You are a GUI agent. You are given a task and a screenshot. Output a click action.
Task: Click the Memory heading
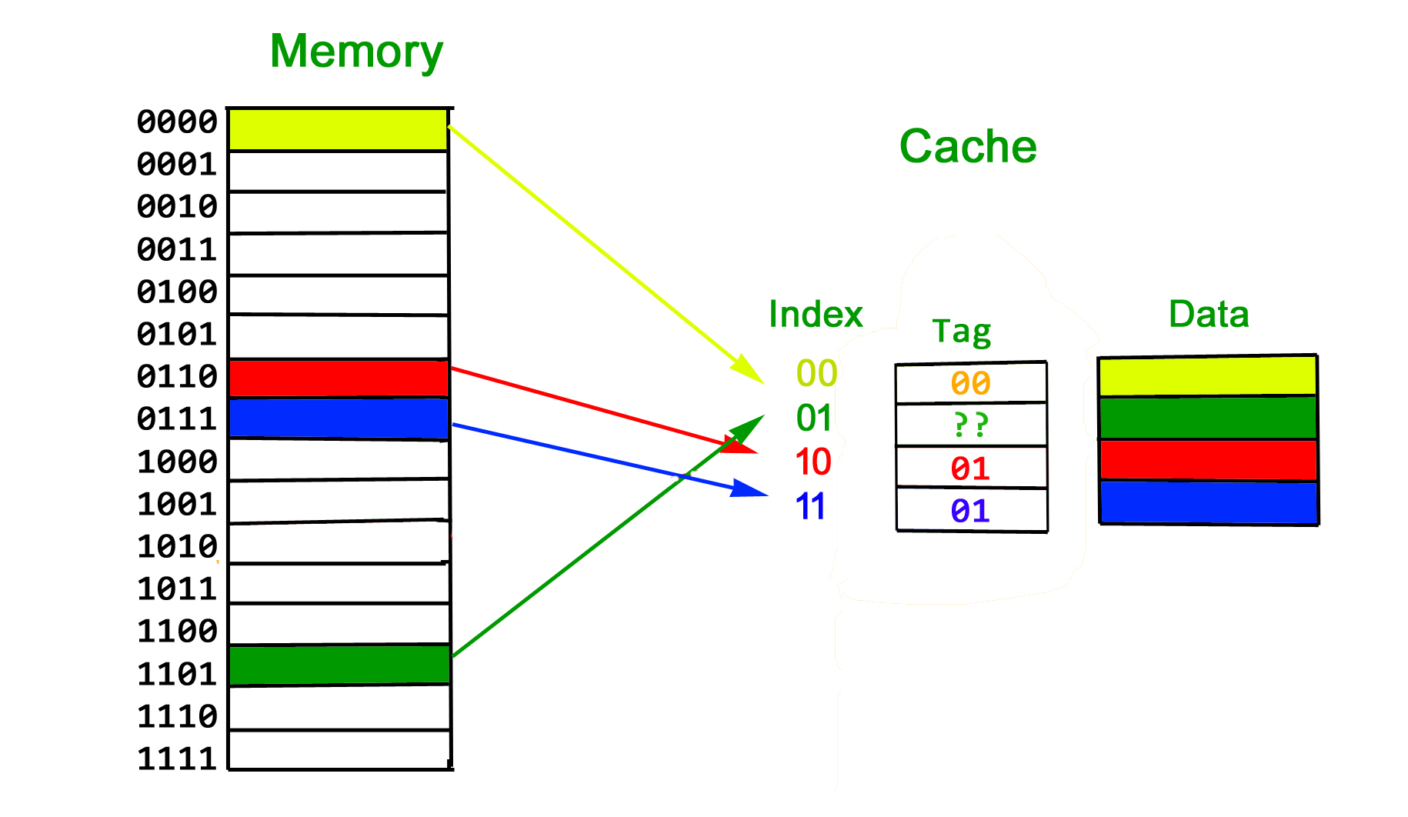pyautogui.click(x=356, y=52)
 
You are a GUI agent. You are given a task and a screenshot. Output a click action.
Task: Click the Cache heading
pyautogui.click(x=968, y=146)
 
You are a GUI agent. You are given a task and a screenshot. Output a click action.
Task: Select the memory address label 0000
pyautogui.click(x=177, y=122)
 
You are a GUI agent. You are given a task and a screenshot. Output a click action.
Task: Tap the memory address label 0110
pyautogui.click(x=177, y=376)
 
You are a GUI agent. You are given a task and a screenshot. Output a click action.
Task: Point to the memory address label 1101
pyautogui.click(x=177, y=674)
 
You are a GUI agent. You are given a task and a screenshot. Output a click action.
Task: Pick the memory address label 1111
pyautogui.click(x=177, y=759)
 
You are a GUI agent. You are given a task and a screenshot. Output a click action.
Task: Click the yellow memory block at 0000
pyautogui.click(x=339, y=129)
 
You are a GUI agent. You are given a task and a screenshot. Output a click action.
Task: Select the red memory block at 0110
pyautogui.click(x=339, y=378)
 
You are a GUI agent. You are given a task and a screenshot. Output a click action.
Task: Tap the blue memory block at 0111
pyautogui.click(x=339, y=419)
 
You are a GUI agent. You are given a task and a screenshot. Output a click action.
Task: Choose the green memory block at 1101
pyautogui.click(x=339, y=665)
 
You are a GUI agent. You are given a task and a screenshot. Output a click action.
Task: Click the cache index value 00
pyautogui.click(x=816, y=374)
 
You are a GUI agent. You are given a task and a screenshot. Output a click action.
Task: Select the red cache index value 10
pyautogui.click(x=813, y=462)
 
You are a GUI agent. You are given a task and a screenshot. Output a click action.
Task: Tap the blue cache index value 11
pyautogui.click(x=810, y=507)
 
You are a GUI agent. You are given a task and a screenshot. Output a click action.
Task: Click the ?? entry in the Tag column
pyautogui.click(x=970, y=425)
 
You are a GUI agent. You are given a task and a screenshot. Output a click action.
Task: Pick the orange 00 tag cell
pyautogui.click(x=970, y=383)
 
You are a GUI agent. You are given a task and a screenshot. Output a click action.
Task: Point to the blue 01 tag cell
pyautogui.click(x=970, y=511)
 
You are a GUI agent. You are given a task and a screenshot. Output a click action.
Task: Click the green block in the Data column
pyautogui.click(x=1208, y=418)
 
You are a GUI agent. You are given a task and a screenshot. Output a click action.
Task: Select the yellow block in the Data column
pyautogui.click(x=1207, y=376)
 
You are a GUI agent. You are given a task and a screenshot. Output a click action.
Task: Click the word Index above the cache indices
pyautogui.click(x=816, y=315)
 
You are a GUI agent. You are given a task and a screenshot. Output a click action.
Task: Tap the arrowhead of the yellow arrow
pyautogui.click(x=748, y=370)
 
